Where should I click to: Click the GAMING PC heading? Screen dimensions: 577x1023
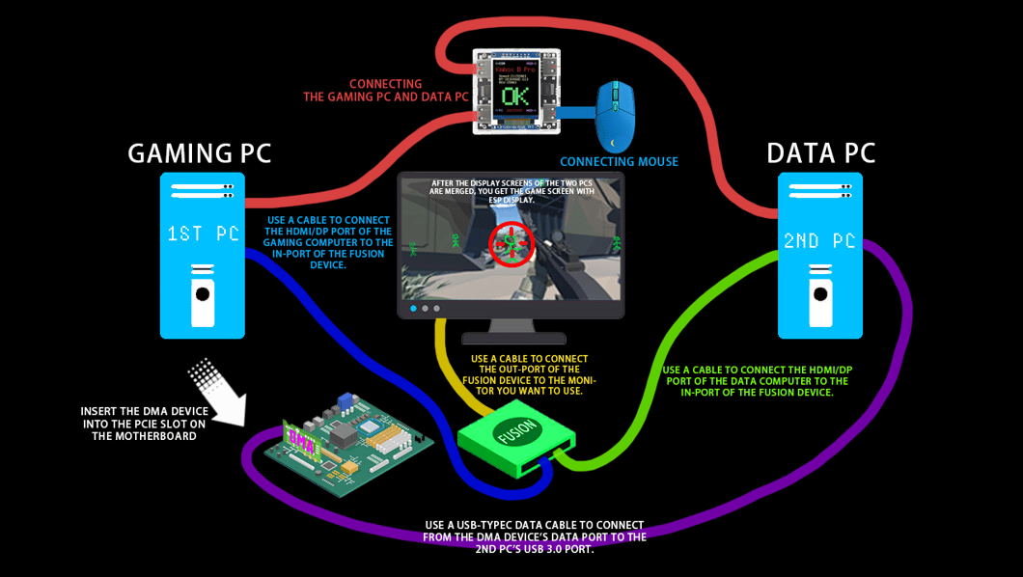(x=200, y=153)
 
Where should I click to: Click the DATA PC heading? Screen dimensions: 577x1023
(x=820, y=153)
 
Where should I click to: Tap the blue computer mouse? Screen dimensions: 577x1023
(x=615, y=115)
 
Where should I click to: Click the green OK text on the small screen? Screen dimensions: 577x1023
(x=515, y=97)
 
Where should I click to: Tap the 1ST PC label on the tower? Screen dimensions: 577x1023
(x=203, y=234)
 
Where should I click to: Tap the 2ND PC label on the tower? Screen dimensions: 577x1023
(x=820, y=240)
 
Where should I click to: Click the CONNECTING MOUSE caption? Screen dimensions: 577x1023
(x=619, y=162)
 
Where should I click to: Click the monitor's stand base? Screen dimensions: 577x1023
(x=512, y=338)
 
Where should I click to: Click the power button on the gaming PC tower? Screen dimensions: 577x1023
(x=202, y=293)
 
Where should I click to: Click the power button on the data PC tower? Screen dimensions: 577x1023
(x=820, y=293)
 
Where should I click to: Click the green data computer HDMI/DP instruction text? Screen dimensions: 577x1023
(x=757, y=381)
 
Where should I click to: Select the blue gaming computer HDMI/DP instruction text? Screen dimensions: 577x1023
(x=328, y=242)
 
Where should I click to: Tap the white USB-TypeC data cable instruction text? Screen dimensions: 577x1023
(x=536, y=537)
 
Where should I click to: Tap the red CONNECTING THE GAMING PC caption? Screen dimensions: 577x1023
(x=385, y=91)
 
